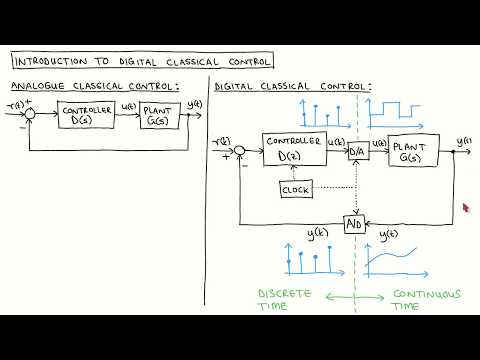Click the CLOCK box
pyautogui.click(x=297, y=188)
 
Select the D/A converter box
pyautogui.click(x=357, y=152)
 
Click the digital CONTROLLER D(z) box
pyautogui.click(x=294, y=150)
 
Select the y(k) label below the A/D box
pyautogui.click(x=318, y=234)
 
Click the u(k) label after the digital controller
pyautogui.click(x=337, y=143)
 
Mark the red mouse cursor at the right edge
pyautogui.click(x=465, y=208)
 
